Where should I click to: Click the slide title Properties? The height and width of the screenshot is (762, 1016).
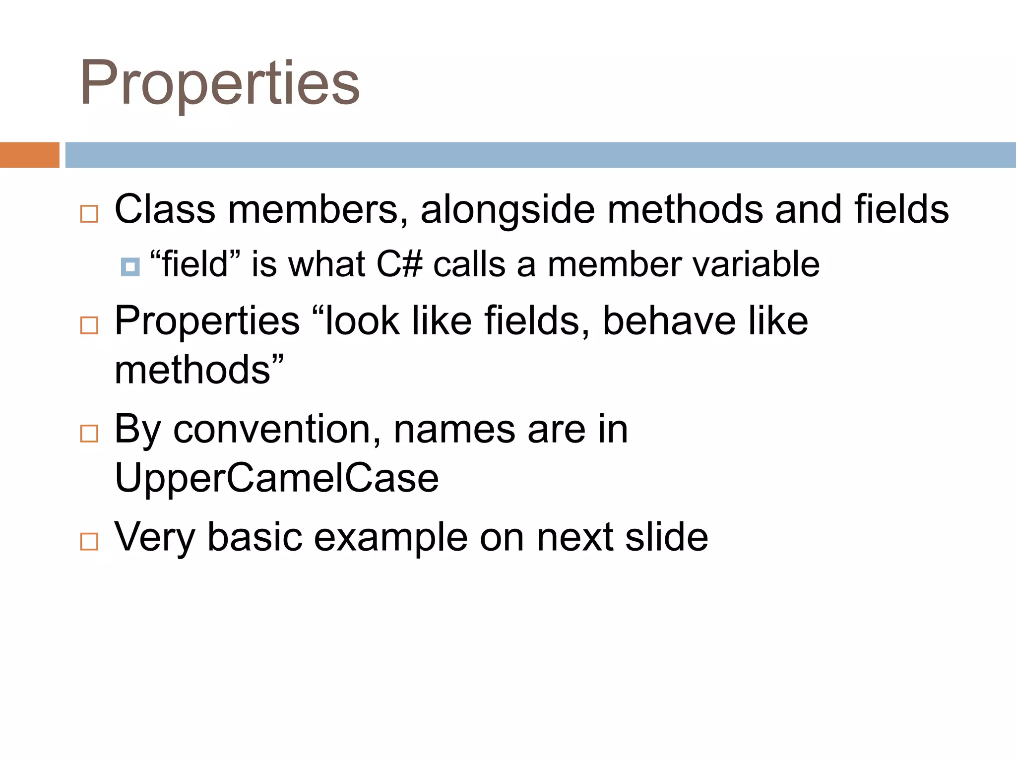(x=220, y=83)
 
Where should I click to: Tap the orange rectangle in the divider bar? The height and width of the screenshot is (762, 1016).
(x=29, y=155)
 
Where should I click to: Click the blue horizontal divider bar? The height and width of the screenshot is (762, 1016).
(x=540, y=155)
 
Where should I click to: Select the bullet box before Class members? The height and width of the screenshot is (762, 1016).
(x=89, y=214)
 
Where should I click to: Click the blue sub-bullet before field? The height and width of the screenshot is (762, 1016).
(x=130, y=267)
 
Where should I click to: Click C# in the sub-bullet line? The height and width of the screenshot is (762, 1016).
(x=399, y=264)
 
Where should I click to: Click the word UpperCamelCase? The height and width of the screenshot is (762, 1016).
(x=276, y=478)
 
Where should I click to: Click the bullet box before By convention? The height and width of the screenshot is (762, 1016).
(x=89, y=434)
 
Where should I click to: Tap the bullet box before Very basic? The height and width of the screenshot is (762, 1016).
(x=89, y=541)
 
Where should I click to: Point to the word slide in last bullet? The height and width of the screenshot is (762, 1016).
(x=666, y=537)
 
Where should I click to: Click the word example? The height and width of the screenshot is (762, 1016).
(x=390, y=538)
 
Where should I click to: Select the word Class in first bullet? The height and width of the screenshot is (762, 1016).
(x=165, y=210)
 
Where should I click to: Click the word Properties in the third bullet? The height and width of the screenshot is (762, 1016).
(x=207, y=321)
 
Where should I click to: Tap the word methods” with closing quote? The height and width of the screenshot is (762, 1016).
(x=198, y=370)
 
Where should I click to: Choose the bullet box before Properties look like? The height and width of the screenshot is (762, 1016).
(x=89, y=325)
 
